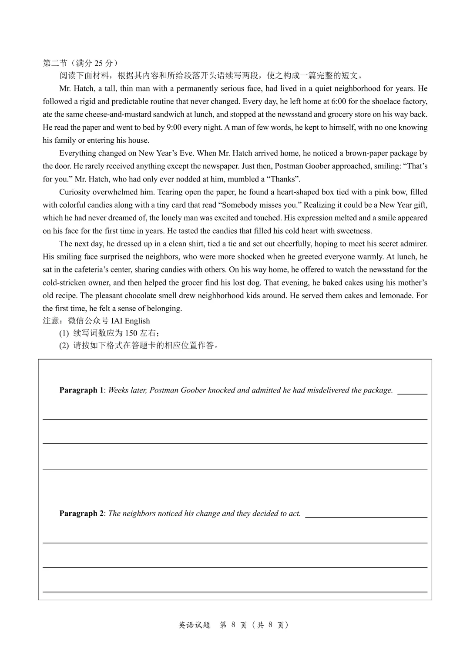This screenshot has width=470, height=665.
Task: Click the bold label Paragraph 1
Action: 81,390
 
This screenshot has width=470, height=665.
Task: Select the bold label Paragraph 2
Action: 81,514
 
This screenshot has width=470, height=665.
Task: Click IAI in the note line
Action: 117,321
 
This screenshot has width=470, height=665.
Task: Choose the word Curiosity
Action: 76,192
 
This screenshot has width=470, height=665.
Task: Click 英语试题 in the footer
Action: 194,625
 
